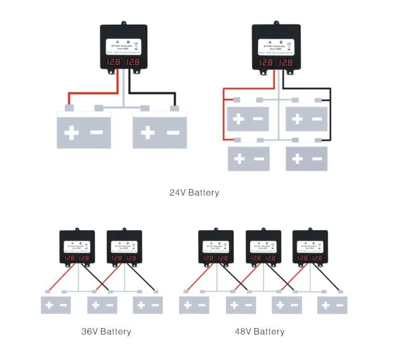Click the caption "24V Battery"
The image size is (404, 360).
[194, 193]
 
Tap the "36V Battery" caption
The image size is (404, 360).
[106, 332]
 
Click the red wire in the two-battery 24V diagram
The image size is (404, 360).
[93, 93]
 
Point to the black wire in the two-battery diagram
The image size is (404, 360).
[152, 93]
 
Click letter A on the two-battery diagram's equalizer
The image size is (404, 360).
[117, 42]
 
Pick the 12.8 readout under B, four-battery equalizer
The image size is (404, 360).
[285, 62]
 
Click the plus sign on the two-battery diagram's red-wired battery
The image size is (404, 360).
[72, 133]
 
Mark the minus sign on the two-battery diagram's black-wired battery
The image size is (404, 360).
[173, 133]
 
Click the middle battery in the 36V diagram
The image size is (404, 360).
[102, 305]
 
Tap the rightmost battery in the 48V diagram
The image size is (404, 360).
[332, 305]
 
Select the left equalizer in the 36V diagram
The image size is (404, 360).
[77, 247]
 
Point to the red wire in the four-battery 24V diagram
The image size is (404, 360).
[224, 113]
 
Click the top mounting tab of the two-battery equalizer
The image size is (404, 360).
[123, 23]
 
